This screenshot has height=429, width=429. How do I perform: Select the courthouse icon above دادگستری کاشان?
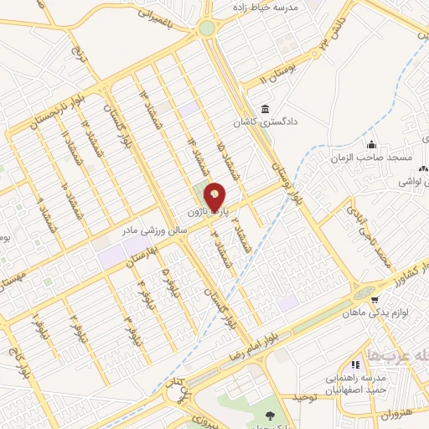266,110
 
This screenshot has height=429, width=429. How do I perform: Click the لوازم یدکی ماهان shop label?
375,313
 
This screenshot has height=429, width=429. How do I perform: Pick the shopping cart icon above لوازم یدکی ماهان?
374,299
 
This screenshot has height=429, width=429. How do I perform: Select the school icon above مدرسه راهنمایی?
355,364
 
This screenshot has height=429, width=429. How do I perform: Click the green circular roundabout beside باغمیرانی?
206,28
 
